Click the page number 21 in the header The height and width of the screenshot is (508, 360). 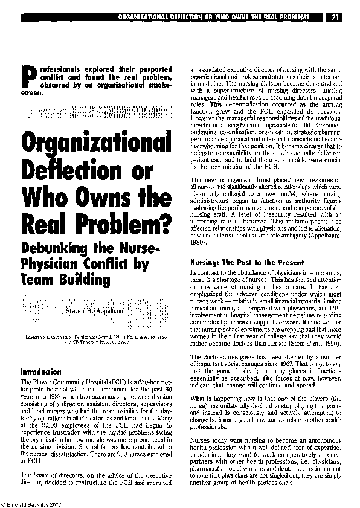click(334, 17)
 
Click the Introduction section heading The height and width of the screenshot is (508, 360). click(40, 372)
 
